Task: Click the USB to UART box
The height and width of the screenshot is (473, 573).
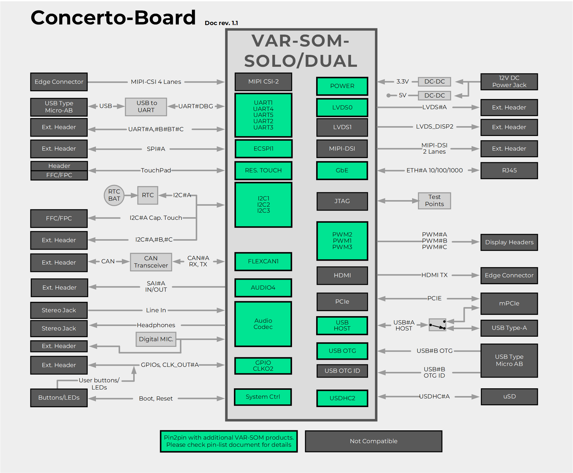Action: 146,106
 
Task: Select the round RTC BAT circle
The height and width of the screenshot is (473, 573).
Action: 114,195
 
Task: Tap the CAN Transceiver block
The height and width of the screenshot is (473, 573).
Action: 151,262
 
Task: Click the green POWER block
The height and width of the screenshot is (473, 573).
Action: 342,86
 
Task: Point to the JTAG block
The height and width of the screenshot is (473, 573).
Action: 342,201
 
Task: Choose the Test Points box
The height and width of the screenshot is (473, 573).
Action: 434,201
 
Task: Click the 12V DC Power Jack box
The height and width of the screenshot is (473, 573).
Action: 509,82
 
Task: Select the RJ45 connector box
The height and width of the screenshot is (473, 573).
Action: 509,170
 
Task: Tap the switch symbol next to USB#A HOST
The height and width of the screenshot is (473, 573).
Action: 437,325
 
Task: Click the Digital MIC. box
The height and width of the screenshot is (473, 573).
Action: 156,339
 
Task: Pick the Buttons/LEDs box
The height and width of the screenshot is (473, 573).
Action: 59,398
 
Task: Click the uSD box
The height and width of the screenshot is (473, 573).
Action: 509,396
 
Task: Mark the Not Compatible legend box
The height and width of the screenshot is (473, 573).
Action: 373,441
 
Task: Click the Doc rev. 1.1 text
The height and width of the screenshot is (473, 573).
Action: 221,23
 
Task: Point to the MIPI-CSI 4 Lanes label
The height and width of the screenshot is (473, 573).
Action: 156,82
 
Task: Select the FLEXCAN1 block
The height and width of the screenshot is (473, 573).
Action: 263,261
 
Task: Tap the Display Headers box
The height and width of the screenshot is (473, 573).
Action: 509,242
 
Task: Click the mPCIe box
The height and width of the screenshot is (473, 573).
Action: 509,303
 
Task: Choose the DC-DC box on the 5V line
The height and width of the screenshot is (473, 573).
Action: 434,95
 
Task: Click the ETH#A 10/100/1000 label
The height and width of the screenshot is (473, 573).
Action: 434,170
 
